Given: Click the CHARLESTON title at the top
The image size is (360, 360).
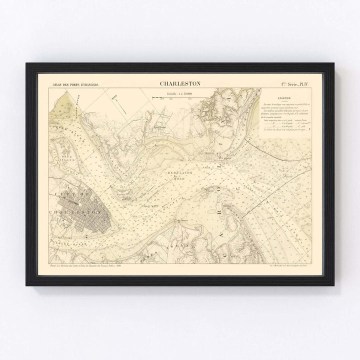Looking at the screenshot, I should pyautogui.click(x=180, y=83).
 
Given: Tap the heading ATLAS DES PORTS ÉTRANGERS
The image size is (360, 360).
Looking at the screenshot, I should pyautogui.click(x=76, y=85).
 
